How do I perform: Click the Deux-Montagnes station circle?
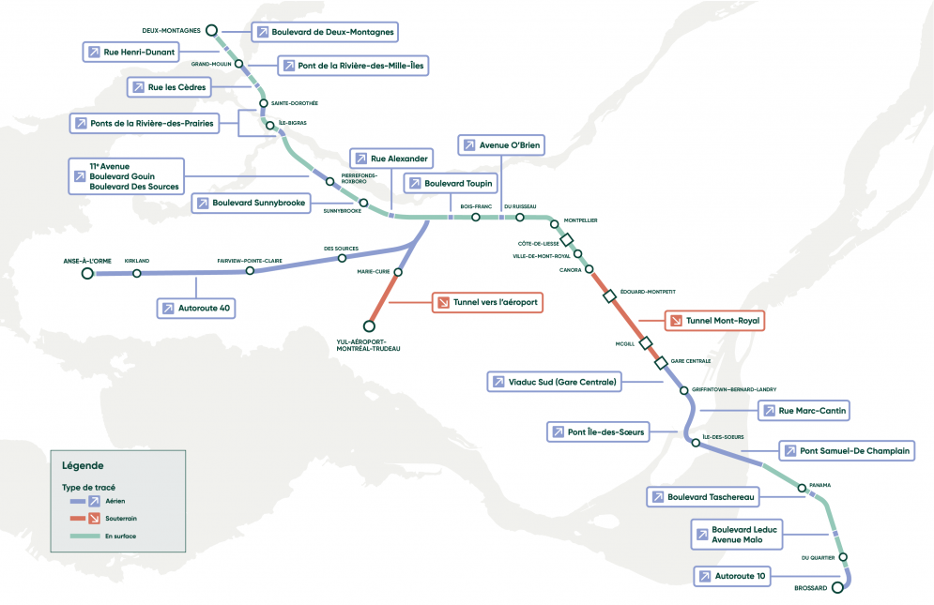tap(212, 30)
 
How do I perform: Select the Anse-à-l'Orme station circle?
tap(87, 273)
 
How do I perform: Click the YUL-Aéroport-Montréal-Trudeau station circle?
tap(369, 325)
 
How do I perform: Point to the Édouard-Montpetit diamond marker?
tap(609, 296)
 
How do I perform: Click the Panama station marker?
tap(802, 488)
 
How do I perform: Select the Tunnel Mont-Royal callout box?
tap(713, 321)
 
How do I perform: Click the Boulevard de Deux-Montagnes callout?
tap(324, 32)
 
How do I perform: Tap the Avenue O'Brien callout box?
tap(501, 145)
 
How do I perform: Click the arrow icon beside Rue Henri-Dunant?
tap(94, 53)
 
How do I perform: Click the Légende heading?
tap(83, 465)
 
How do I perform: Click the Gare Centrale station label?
tap(690, 361)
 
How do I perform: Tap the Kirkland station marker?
tap(137, 273)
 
